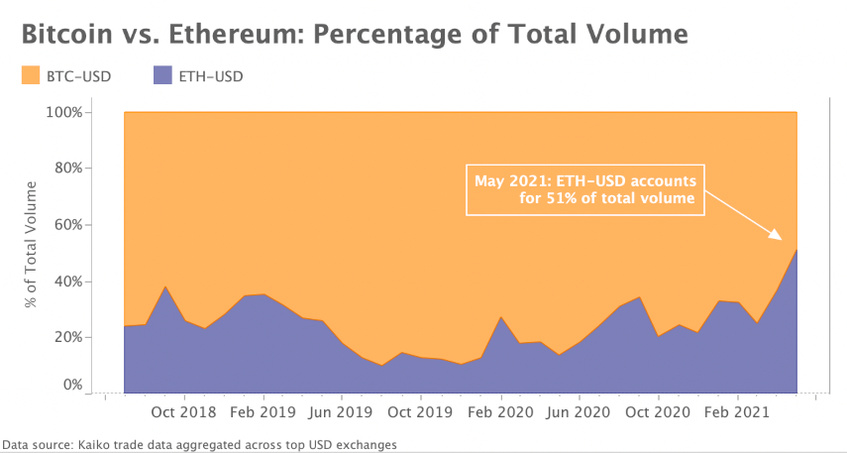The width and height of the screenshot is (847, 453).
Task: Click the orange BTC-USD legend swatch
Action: (31, 75)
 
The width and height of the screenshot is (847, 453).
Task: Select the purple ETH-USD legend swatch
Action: (164, 75)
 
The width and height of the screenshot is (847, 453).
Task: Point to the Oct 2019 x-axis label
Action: (421, 411)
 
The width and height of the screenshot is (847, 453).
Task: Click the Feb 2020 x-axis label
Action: (500, 411)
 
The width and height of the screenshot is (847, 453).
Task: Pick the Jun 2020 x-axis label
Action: (580, 411)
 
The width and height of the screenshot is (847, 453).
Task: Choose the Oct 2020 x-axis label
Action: (659, 411)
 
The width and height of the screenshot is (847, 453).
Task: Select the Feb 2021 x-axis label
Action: (738, 411)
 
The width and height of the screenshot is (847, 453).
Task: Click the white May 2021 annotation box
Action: (586, 190)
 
